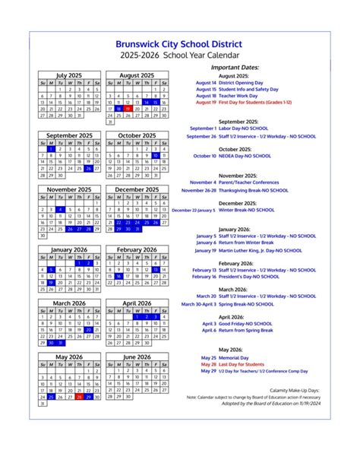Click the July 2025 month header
click(x=69, y=76)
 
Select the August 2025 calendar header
click(x=137, y=76)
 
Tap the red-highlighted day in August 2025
click(x=128, y=109)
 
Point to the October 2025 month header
click(x=137, y=136)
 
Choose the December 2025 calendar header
click(x=137, y=189)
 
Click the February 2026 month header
click(x=137, y=249)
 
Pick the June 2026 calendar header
click(x=137, y=357)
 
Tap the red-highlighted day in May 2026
click(x=79, y=397)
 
